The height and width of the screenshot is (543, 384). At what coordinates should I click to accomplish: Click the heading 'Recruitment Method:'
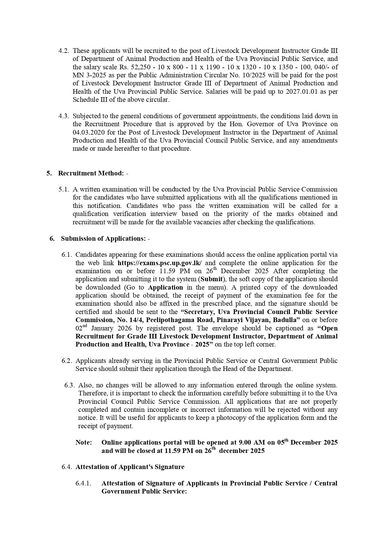[91, 173]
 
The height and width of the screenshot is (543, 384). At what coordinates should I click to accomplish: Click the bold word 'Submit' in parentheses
[211, 279]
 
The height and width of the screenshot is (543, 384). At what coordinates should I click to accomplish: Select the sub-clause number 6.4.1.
[83, 483]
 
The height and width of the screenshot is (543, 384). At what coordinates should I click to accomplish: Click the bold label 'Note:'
[84, 442]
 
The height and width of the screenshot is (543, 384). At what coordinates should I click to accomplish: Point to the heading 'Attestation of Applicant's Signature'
[130, 467]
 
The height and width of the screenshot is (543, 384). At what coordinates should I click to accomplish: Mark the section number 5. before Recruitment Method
[49, 173]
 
